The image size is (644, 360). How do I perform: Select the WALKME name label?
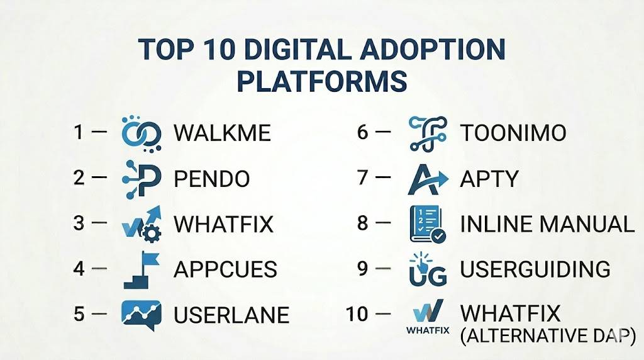222,133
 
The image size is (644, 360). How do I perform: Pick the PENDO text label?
211,179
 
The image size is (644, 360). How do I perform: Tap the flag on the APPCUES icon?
150,259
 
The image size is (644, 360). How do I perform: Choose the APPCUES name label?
225,269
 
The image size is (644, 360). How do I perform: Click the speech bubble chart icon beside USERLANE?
142,315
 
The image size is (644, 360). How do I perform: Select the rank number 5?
79,315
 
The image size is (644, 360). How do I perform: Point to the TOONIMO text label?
513,133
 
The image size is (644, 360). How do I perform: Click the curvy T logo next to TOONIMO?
428,133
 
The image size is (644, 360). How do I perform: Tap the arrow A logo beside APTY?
428,179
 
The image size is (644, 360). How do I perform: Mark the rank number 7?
363,177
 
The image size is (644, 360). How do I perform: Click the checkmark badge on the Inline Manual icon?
438,235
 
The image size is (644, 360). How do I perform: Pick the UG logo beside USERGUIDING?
428,269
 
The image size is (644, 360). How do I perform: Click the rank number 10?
357,315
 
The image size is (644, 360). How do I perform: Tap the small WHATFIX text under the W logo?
428,330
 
